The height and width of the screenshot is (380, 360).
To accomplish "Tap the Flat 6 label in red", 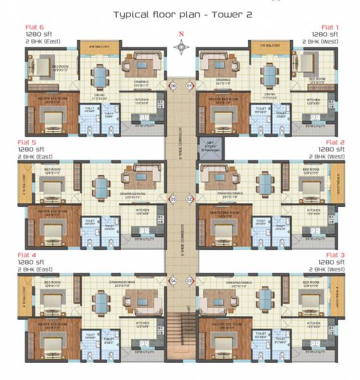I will pyautogui.click(x=34, y=27).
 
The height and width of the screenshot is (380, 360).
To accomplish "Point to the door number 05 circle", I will pyautogui.click(x=172, y=199).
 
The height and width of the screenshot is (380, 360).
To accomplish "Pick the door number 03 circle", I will pyautogui.click(x=189, y=281).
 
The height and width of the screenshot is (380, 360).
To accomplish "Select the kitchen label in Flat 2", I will pyautogui.click(x=312, y=210).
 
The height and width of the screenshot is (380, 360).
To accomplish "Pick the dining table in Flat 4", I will pyautogui.click(x=100, y=298).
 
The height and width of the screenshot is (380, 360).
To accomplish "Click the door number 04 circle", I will pyautogui.click(x=172, y=281).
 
